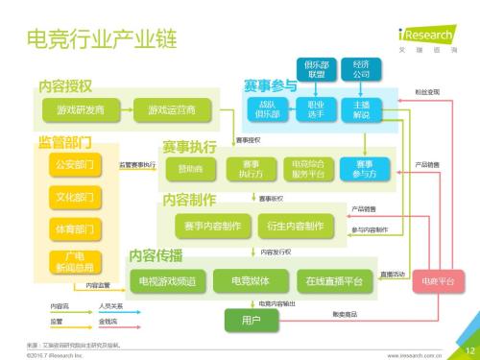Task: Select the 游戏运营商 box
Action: [172, 110]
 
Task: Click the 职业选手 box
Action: [316, 109]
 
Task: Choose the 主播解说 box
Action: [362, 109]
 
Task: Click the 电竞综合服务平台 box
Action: [309, 168]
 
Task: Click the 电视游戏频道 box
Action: [168, 281]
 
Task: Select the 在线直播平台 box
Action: [334, 281]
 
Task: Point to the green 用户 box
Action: [252, 319]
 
